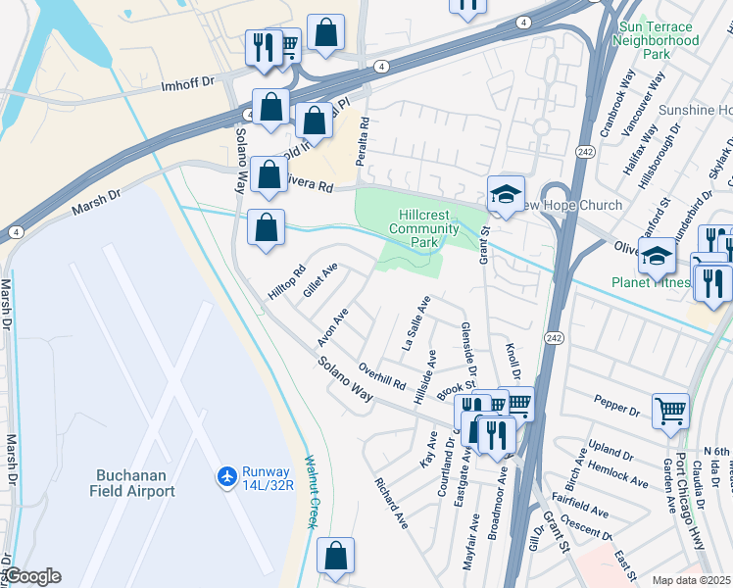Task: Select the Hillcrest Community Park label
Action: (x=424, y=228)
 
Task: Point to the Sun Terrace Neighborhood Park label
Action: (x=656, y=34)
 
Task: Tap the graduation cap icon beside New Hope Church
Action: (x=506, y=195)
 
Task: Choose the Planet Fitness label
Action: (x=651, y=283)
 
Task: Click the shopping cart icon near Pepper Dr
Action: (x=670, y=411)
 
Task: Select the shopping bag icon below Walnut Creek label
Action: (x=335, y=557)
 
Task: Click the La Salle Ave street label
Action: (x=416, y=323)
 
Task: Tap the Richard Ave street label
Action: (x=391, y=504)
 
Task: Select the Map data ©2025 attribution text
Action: (x=692, y=580)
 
